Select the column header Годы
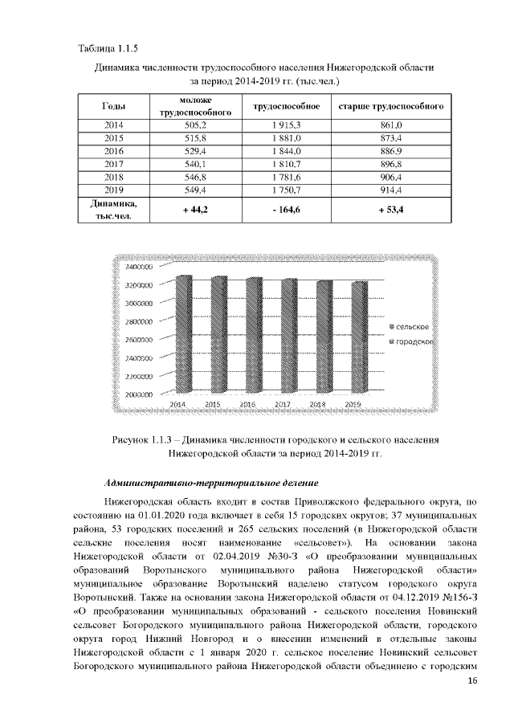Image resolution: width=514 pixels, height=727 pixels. [x=113, y=107]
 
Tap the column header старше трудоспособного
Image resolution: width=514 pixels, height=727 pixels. [x=391, y=107]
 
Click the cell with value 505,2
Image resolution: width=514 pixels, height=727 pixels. [x=196, y=126]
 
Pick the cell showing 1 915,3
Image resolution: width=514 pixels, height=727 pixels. [x=287, y=126]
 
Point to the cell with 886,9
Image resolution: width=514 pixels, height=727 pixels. [x=391, y=151]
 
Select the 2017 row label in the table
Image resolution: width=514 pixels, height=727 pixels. [x=113, y=163]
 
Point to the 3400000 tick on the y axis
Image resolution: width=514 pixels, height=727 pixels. [x=139, y=267]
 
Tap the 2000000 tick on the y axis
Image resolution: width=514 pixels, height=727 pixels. [x=139, y=394]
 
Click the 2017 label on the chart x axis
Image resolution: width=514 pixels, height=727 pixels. [x=283, y=404]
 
